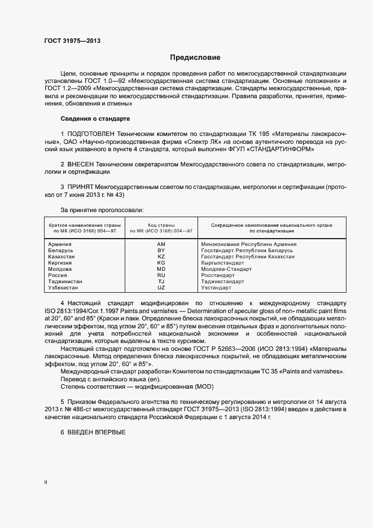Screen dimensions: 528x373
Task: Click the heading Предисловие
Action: click(195, 58)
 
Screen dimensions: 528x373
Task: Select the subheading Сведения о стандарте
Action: click(95, 119)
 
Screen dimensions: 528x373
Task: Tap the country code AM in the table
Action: click(161, 244)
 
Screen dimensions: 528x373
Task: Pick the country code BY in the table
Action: click(161, 250)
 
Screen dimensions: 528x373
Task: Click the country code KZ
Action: click(161, 257)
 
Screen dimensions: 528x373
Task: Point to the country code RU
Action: click(161, 275)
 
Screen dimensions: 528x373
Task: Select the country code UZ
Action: click(161, 288)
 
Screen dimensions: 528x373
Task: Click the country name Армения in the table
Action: click(60, 244)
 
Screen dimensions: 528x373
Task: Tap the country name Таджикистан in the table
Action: click(65, 281)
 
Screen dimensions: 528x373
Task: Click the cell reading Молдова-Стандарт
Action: click(226, 269)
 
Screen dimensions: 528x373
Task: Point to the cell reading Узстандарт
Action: click(216, 288)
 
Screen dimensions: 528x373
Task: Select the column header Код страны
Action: click(161, 225)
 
